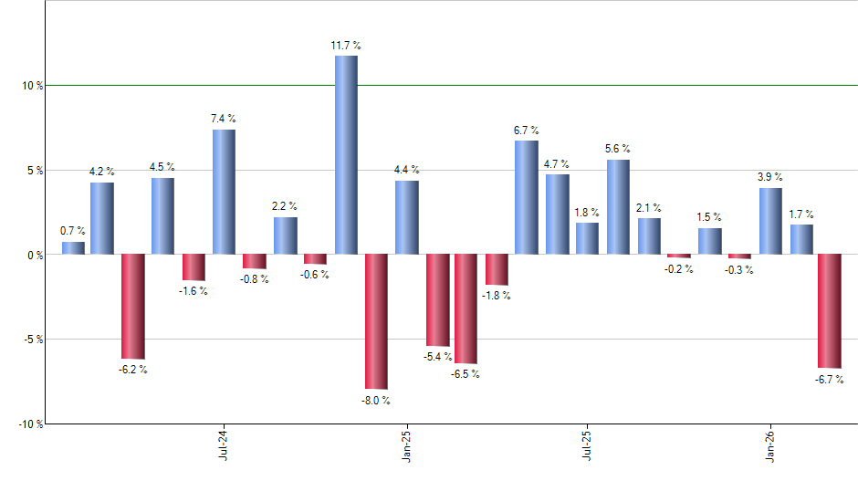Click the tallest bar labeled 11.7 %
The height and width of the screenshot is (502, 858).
pyautogui.click(x=346, y=155)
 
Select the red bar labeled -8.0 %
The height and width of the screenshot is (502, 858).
pyautogui.click(x=376, y=321)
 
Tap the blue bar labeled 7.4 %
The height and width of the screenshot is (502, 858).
pyautogui.click(x=224, y=192)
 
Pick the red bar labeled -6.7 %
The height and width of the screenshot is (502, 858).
pyautogui.click(x=830, y=310)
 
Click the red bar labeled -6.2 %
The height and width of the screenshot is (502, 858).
pyautogui.click(x=133, y=307)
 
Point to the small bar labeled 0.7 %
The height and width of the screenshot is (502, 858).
pyautogui.click(x=73, y=247)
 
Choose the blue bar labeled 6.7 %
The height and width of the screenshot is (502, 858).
pyautogui.click(x=527, y=197)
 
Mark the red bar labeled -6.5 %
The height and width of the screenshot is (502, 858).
pyautogui.click(x=466, y=309)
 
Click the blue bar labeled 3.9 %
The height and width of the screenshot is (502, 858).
pyautogui.click(x=770, y=221)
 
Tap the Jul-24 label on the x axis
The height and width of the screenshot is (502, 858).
pyautogui.click(x=224, y=444)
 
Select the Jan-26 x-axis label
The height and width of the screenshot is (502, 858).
pyautogui.click(x=769, y=444)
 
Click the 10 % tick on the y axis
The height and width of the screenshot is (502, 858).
pyautogui.click(x=33, y=86)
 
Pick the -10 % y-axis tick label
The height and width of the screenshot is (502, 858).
pyautogui.click(x=30, y=424)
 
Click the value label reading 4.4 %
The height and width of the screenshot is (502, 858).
pyautogui.click(x=406, y=169)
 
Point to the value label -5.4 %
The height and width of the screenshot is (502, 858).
pyautogui.click(x=435, y=356)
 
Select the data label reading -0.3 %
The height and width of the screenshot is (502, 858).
pyautogui.click(x=739, y=269)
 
